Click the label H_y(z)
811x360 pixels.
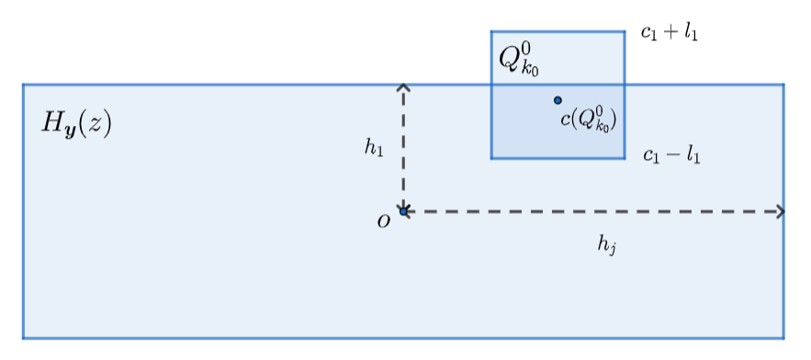(76, 123)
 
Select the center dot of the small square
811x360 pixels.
(558, 100)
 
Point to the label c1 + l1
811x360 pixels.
(670, 34)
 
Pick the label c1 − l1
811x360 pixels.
(671, 155)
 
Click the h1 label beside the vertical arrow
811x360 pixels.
(374, 147)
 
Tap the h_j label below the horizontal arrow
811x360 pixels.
(605, 243)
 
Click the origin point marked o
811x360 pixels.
(403, 211)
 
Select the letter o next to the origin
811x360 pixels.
(383, 220)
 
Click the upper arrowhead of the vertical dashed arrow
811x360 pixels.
(403, 87)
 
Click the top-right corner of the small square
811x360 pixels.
(625, 31)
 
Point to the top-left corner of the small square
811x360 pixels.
(491, 31)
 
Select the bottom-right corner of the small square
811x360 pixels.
(625, 158)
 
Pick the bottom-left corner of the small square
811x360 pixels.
(491, 158)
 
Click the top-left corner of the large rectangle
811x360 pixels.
(24, 84)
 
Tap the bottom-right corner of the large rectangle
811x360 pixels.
(783, 338)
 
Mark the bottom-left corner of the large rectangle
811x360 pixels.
(24, 338)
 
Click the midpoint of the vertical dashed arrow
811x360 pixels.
(403, 149)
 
